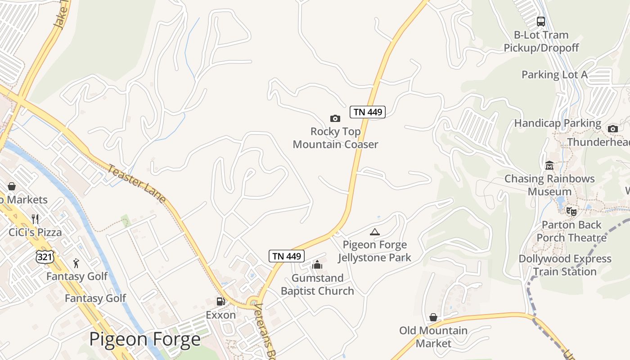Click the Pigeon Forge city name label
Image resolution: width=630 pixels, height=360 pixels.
145,339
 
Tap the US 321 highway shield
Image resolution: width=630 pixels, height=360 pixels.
45,256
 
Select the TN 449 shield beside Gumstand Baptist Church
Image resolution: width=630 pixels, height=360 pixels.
287,256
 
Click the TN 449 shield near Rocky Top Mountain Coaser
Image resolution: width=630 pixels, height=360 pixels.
368,112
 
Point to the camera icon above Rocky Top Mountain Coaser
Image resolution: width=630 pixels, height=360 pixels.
335,118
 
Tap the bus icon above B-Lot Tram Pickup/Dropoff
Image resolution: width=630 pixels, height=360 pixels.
541,21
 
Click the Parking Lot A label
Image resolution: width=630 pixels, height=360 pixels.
554,75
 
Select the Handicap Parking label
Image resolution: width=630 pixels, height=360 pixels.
558,123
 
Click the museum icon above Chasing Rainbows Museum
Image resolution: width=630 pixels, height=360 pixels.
549,166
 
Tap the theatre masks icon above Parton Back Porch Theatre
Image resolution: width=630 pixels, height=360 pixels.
571,211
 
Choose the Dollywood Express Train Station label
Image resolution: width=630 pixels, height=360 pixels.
565,265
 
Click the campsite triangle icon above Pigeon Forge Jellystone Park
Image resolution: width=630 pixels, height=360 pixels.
374,232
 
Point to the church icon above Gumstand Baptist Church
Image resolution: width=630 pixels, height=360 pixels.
317,265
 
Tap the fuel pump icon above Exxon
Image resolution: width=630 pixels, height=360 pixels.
220,301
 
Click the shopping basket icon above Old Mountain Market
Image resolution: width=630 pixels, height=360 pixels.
433,317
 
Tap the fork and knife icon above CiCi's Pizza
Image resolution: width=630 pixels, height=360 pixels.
35,219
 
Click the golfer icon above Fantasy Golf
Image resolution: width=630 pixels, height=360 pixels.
76,263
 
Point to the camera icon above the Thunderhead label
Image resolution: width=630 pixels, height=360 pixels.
612,129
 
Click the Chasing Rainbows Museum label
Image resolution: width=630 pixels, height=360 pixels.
549,185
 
